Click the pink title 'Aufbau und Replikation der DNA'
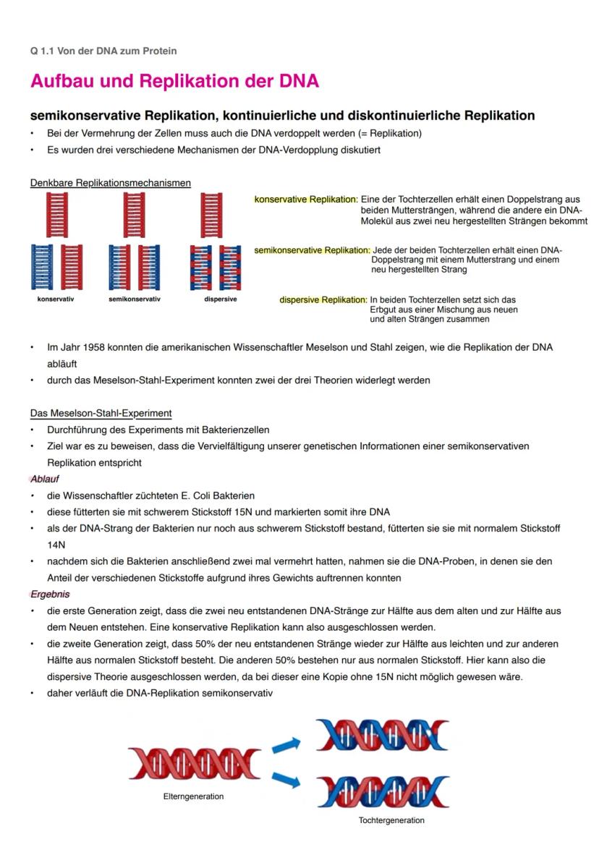[174, 81]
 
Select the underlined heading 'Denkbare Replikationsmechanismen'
[111, 183]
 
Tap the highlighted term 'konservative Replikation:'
[305, 200]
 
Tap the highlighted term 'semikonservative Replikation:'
[312, 250]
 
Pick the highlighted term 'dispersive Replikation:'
[323, 299]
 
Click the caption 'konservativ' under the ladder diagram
[56, 299]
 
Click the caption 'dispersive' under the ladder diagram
[220, 299]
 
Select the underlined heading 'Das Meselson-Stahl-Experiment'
[101, 414]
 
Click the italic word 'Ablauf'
[45, 479]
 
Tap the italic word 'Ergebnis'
[50, 594]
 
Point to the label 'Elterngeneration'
[194, 796]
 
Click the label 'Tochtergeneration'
[391, 820]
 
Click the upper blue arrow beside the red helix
[286, 744]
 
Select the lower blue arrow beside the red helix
[286, 780]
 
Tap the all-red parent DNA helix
[195, 762]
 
